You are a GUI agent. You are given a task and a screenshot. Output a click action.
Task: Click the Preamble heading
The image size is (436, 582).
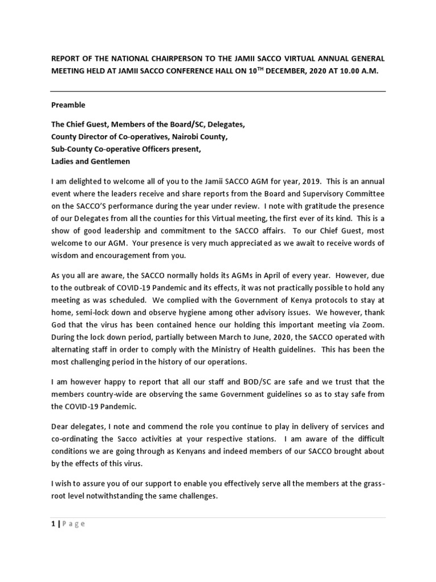[x=68, y=105]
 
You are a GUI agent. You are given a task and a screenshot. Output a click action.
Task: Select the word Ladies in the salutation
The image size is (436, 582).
[x=63, y=161]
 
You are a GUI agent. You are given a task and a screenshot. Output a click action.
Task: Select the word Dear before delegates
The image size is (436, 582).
[x=61, y=426]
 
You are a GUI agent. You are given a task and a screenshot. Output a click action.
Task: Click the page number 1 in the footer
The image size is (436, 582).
[x=53, y=524]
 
